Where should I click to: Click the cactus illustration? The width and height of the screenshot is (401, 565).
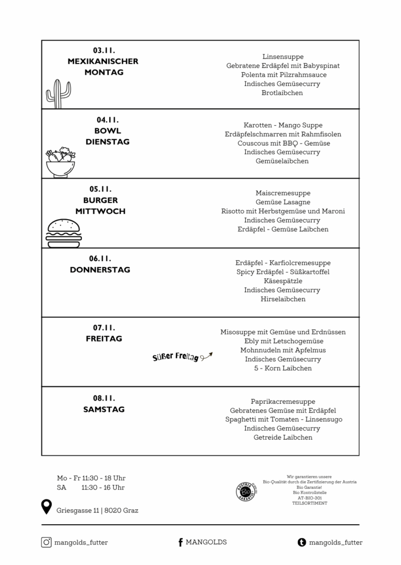click(58, 93)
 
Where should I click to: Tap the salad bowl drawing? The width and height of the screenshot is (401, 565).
click(60, 162)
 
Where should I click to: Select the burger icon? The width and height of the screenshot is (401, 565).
click(64, 233)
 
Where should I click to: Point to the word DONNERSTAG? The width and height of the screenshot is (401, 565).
click(100, 270)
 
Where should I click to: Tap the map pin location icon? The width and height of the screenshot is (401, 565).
click(46, 507)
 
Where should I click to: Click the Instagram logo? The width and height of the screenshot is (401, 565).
click(46, 542)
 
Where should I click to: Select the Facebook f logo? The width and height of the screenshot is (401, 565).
click(180, 542)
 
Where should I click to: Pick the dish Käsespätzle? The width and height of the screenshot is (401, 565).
click(283, 281)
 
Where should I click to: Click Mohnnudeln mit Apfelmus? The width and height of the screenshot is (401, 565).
click(283, 350)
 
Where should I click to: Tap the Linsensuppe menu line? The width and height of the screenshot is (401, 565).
click(283, 57)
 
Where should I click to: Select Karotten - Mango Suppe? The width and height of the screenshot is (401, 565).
click(283, 125)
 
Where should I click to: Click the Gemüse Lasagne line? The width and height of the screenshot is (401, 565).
click(283, 202)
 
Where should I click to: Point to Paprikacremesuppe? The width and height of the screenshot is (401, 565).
click(283, 402)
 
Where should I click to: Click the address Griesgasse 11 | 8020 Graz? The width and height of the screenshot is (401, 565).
click(97, 510)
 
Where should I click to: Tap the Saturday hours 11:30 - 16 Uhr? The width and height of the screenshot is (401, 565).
click(103, 487)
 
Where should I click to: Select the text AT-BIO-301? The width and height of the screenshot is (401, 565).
click(309, 498)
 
